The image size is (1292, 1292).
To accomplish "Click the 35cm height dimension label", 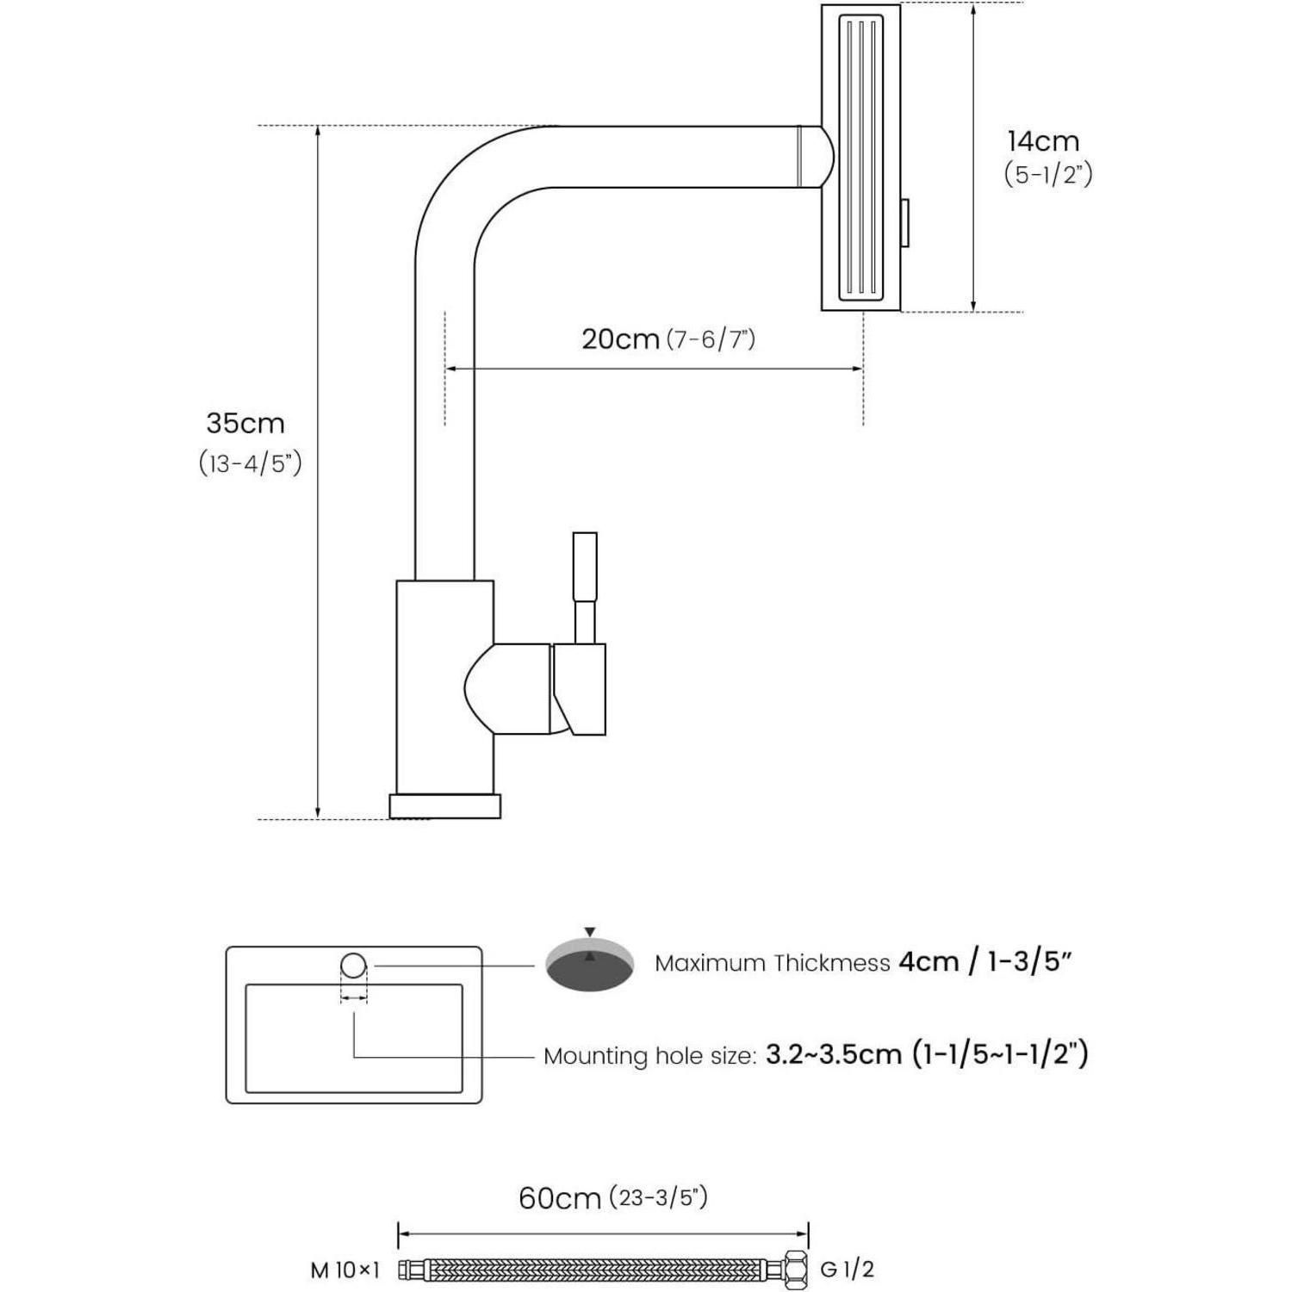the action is tap(245, 423).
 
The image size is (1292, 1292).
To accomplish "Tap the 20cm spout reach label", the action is tap(620, 339).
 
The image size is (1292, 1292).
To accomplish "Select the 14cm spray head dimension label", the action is tap(1043, 140).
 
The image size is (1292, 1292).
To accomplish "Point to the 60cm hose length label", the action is tap(559, 1198).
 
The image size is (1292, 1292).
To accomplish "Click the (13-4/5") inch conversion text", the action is tap(251, 463).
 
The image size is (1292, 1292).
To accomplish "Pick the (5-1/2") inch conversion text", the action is tap(1048, 174).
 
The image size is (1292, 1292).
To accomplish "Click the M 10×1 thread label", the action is tap(345, 1270).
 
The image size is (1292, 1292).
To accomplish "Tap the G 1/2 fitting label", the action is tap(848, 1269).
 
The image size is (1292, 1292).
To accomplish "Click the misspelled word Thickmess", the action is tap(831, 963).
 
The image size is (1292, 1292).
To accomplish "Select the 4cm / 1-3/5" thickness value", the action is tap(985, 961).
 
